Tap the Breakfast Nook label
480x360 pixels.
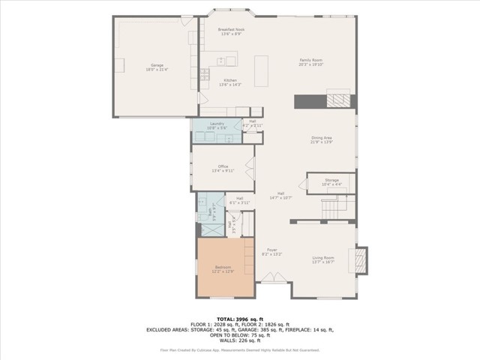pos(231,31)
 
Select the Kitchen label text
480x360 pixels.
pos(229,82)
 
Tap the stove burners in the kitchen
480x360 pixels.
pos(204,73)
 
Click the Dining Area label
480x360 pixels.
pos(322,139)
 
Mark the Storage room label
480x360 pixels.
pos(331,181)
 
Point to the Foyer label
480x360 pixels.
pos(271,252)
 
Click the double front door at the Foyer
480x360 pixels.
pos(272,279)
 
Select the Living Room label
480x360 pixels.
pos(323,259)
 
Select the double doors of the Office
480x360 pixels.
pos(250,168)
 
